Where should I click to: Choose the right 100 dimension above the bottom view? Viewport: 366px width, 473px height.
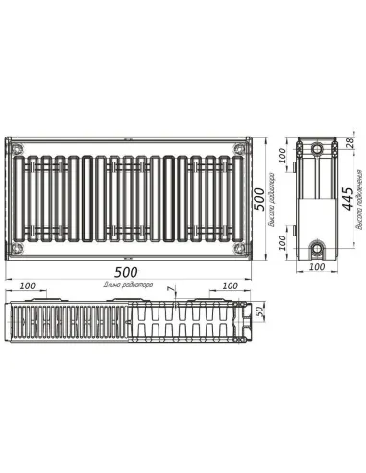coord(230,286)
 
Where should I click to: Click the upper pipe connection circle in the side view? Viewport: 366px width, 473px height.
coord(318,152)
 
